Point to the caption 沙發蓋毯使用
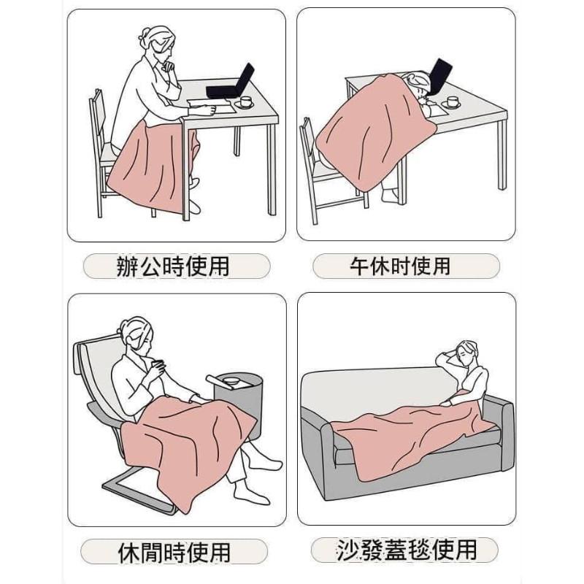click(407, 550)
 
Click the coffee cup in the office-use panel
click(245, 101)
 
